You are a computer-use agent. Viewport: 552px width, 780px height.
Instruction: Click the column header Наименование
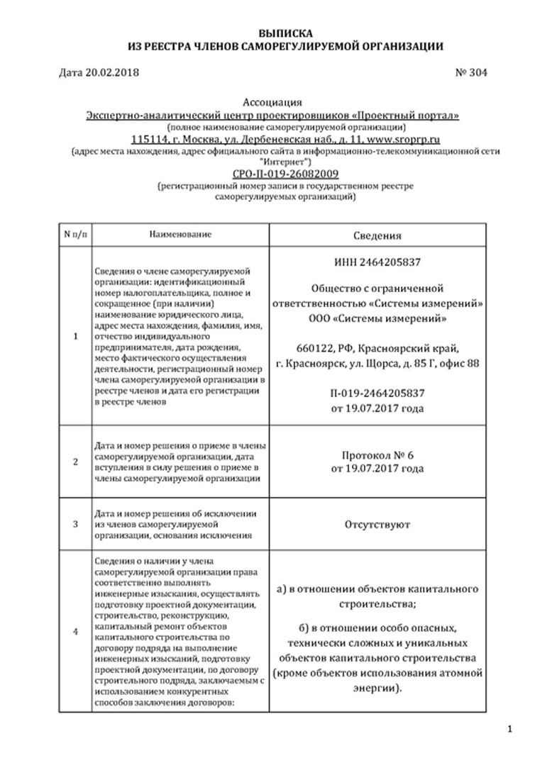coord(181,233)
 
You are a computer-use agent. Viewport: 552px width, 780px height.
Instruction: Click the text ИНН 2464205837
coord(377,262)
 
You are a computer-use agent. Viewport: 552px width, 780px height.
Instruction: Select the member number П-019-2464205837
coord(377,394)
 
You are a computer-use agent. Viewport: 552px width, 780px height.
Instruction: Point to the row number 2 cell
coord(75,462)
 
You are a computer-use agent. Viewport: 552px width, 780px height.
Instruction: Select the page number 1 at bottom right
coord(530,730)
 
